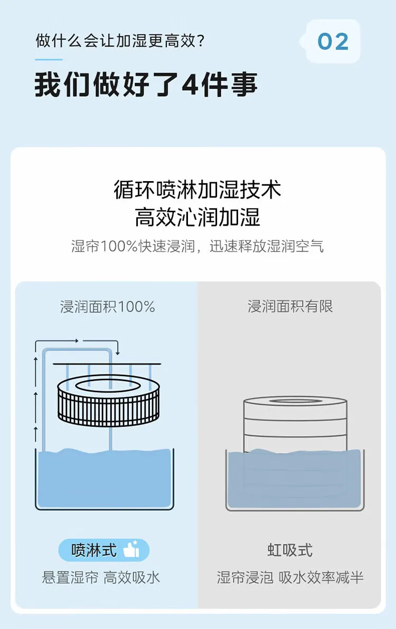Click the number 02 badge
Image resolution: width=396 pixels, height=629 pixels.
point(333,42)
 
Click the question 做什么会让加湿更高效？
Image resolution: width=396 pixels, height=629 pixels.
point(120,41)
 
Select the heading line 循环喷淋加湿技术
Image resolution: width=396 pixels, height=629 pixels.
point(197,190)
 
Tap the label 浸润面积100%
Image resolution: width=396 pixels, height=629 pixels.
point(107,307)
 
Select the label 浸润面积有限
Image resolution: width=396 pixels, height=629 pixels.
point(290,307)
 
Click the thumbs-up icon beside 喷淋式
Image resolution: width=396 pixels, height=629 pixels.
point(131,550)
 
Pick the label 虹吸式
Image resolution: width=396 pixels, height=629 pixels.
point(290,550)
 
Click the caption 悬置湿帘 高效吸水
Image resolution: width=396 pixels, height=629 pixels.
point(101,577)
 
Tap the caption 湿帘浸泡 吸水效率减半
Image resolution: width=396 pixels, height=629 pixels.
point(290,577)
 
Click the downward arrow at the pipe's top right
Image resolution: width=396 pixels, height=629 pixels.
point(117,350)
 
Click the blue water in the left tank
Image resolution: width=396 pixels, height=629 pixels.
point(104,481)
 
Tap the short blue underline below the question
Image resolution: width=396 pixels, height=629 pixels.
point(49,60)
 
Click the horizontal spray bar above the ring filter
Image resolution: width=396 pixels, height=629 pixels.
point(106,364)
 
